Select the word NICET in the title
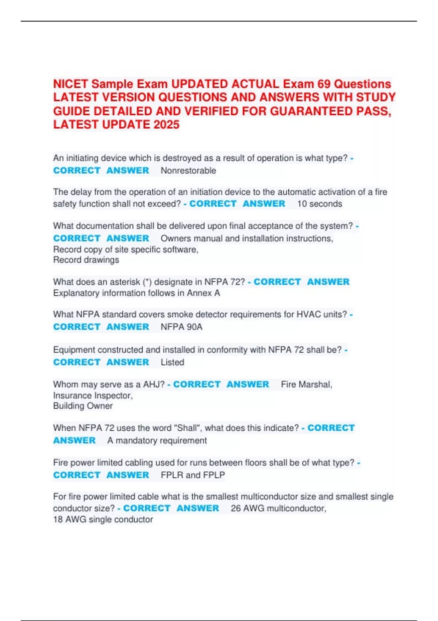[71, 84]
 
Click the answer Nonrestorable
[188, 171]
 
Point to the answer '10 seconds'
[319, 204]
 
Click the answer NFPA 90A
[181, 327]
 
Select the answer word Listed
[172, 362]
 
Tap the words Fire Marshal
[306, 385]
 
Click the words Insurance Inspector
[93, 396]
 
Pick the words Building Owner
[83, 406]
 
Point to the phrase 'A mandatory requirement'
[157, 441]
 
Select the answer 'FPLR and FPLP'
[193, 475]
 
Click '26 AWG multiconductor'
[278, 508]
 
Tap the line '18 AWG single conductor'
[103, 519]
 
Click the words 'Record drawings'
[86, 260]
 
